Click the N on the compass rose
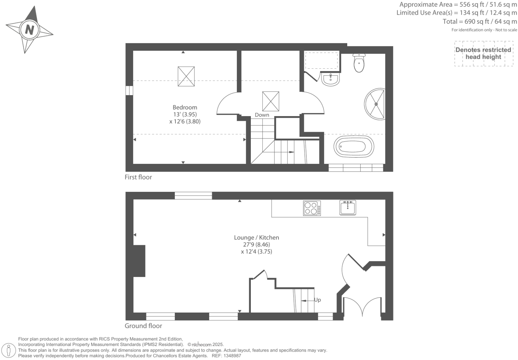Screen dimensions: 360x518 click(x=29, y=30)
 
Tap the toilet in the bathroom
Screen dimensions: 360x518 click(x=359, y=63)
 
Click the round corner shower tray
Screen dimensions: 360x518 click(x=375, y=104)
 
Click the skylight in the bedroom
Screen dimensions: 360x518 click(x=186, y=76)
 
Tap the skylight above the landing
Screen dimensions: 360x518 click(x=271, y=101)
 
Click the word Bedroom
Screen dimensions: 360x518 click(x=185, y=107)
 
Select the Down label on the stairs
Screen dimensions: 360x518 click(x=262, y=115)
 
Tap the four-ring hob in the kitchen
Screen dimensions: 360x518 click(x=312, y=208)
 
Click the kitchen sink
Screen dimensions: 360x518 click(x=348, y=208)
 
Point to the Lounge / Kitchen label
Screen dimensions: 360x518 click(x=256, y=238)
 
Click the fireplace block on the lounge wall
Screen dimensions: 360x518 click(x=139, y=261)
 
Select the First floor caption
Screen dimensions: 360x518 click(x=138, y=177)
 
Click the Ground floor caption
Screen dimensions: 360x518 click(x=143, y=326)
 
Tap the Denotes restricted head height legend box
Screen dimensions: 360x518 click(x=483, y=53)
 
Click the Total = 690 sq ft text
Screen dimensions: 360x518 click(x=480, y=22)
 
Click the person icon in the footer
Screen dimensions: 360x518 click(x=9, y=350)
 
